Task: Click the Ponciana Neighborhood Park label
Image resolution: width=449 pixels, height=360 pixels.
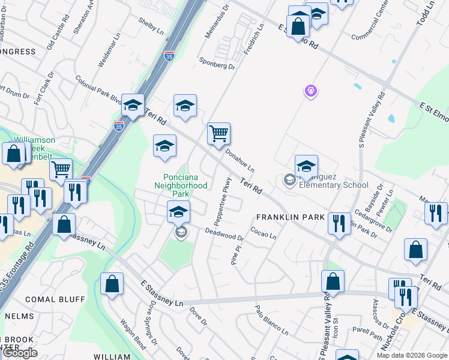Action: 186,185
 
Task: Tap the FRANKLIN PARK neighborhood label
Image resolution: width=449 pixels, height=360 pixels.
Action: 291,217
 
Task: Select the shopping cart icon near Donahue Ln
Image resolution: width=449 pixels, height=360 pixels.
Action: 219,134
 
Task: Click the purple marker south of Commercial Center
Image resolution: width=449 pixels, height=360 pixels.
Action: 310,91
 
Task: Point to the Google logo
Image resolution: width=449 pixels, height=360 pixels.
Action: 20,353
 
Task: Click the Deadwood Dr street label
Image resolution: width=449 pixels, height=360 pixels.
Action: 224,234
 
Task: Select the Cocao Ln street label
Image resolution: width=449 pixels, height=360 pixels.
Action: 263,232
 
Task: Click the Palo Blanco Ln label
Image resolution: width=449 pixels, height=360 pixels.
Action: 271,320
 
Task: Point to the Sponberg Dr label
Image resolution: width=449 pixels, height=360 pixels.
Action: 217,64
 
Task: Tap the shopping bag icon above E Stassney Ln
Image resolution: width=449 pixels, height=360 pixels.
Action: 112,284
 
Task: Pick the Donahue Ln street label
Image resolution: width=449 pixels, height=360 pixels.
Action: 240,160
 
